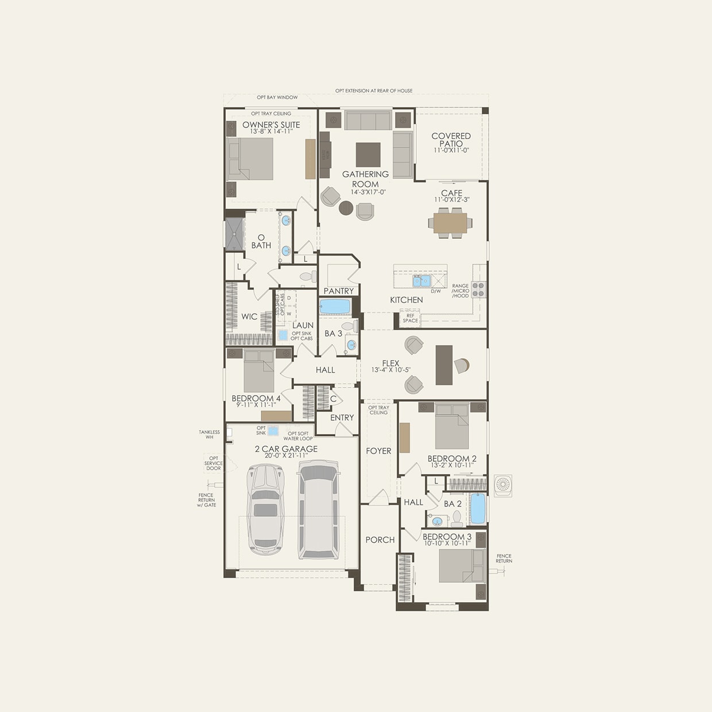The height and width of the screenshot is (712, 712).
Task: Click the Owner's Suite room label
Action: tap(271, 125)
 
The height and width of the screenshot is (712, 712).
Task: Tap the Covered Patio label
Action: tap(451, 140)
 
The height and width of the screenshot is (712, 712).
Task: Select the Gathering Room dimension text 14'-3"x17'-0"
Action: tap(365, 192)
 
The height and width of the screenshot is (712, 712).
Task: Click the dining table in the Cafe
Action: tap(450, 222)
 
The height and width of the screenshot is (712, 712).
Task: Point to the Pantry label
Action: tap(338, 291)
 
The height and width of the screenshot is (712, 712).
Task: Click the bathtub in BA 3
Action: tap(335, 307)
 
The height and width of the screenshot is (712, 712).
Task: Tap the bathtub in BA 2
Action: tap(478, 508)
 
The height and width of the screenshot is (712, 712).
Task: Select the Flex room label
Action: tap(390, 363)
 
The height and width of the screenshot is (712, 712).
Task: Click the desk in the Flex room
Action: tap(444, 365)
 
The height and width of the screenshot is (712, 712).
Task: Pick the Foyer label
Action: tap(378, 451)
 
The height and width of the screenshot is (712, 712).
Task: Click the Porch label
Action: tap(380, 540)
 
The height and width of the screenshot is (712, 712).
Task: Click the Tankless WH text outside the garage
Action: tap(210, 435)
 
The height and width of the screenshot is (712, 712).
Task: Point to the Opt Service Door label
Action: tap(213, 463)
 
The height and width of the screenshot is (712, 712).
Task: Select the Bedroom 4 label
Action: tap(256, 398)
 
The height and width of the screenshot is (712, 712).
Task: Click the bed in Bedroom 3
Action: tap(462, 566)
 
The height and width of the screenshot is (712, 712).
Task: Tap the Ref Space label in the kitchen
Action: tap(410, 318)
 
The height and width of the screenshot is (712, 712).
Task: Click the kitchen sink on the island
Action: tap(422, 281)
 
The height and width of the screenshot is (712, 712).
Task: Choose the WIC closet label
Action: tap(249, 316)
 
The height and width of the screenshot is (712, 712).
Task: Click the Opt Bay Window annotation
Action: tap(277, 98)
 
